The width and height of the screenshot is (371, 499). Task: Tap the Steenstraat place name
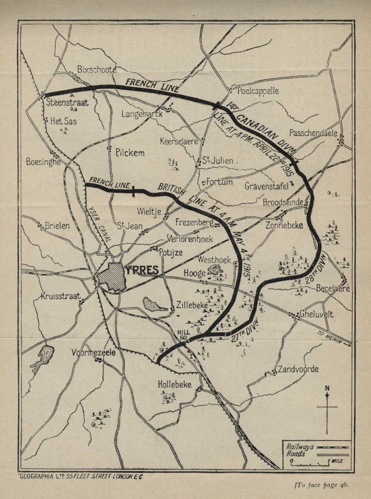point(67,102)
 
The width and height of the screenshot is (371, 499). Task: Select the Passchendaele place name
point(313,133)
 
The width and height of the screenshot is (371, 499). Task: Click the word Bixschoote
point(97,69)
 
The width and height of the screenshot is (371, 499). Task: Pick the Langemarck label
point(142,114)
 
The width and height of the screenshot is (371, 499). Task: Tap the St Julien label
point(218,161)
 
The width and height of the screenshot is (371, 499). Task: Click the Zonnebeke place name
point(284,225)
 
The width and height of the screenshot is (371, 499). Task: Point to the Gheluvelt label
point(317,314)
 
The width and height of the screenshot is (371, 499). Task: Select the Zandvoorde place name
point(298,369)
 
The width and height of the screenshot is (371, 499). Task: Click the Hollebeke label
point(174,384)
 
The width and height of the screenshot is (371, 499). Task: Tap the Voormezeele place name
point(94,352)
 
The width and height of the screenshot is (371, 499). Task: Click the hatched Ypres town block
point(111,276)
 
